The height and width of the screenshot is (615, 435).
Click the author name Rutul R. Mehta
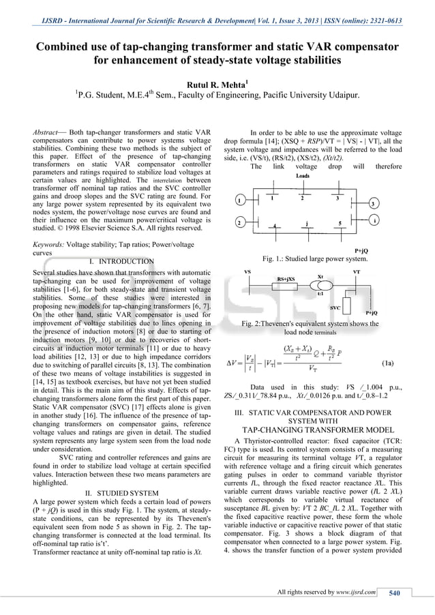coord(217,85)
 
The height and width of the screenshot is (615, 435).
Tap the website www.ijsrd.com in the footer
coord(355,592)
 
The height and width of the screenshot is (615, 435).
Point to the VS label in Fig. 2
coord(247,271)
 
